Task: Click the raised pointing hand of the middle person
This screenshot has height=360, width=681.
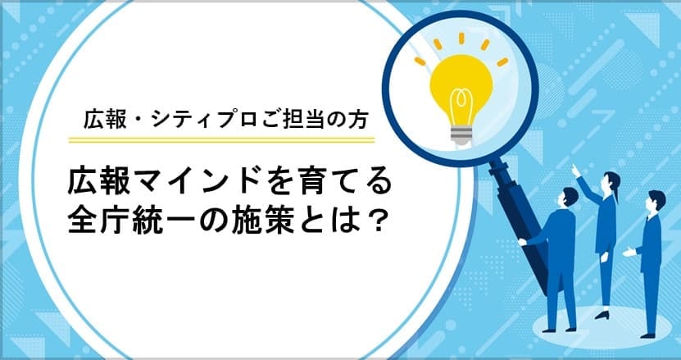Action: coord(577,169)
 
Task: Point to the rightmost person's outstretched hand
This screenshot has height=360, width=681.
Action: coord(628,252)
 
